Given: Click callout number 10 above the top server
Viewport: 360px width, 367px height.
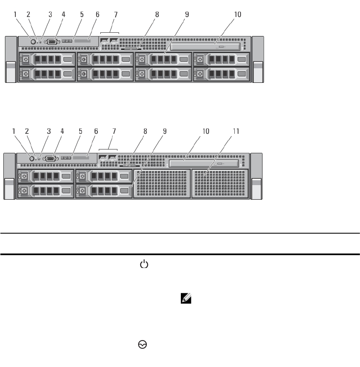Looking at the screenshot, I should pos(237,14).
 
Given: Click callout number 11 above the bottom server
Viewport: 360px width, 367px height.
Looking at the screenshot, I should pos(236,132).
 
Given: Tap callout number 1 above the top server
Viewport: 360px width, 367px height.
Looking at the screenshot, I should pos(15,14).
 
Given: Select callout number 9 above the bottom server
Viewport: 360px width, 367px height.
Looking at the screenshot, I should pos(165,132).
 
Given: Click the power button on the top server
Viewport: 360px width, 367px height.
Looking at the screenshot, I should pos(33,41).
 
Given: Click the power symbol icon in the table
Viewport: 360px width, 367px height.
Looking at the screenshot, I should pos(144,264).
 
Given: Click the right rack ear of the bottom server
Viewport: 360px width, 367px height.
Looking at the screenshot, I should pos(257,177).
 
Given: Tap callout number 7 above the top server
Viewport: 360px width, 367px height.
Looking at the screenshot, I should pos(116,14).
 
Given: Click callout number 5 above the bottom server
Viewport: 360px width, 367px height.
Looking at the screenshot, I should pos(80,132).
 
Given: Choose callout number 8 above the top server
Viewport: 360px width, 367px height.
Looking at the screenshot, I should pos(157,14).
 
